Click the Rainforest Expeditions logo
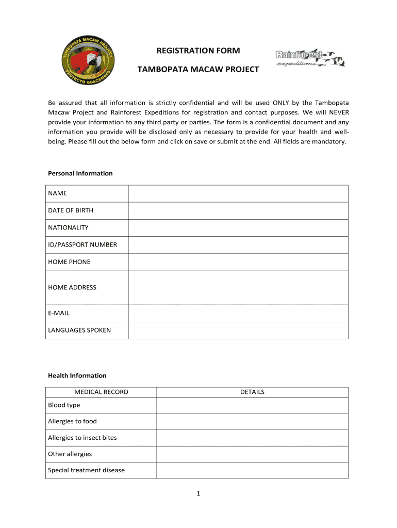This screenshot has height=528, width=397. tap(310, 59)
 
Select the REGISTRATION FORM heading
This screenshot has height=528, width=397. tap(198, 51)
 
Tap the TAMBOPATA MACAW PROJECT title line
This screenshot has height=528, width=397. tap(198, 69)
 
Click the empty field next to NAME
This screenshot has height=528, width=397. tap(238, 193)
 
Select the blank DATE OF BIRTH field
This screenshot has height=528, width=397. tap(238, 210)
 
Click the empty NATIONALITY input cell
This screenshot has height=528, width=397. tap(238, 227)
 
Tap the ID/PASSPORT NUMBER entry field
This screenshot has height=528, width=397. tap(238, 244)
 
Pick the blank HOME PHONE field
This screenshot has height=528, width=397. tap(238, 262)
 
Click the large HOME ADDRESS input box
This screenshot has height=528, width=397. tap(238, 288)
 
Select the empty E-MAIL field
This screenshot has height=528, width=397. tap(238, 313)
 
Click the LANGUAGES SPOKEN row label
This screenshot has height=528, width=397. tap(79, 330)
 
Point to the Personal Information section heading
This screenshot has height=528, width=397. tap(80, 173)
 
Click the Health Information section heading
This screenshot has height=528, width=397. tap(77, 375)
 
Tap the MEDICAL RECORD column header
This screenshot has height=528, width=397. tap(101, 392)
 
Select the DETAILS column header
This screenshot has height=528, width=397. tap(252, 392)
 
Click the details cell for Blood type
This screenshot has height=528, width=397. tap(252, 405)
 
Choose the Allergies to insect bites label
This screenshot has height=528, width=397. tap(82, 438)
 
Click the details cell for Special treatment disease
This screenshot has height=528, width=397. tap(252, 470)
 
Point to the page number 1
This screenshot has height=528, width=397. tap(198, 493)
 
